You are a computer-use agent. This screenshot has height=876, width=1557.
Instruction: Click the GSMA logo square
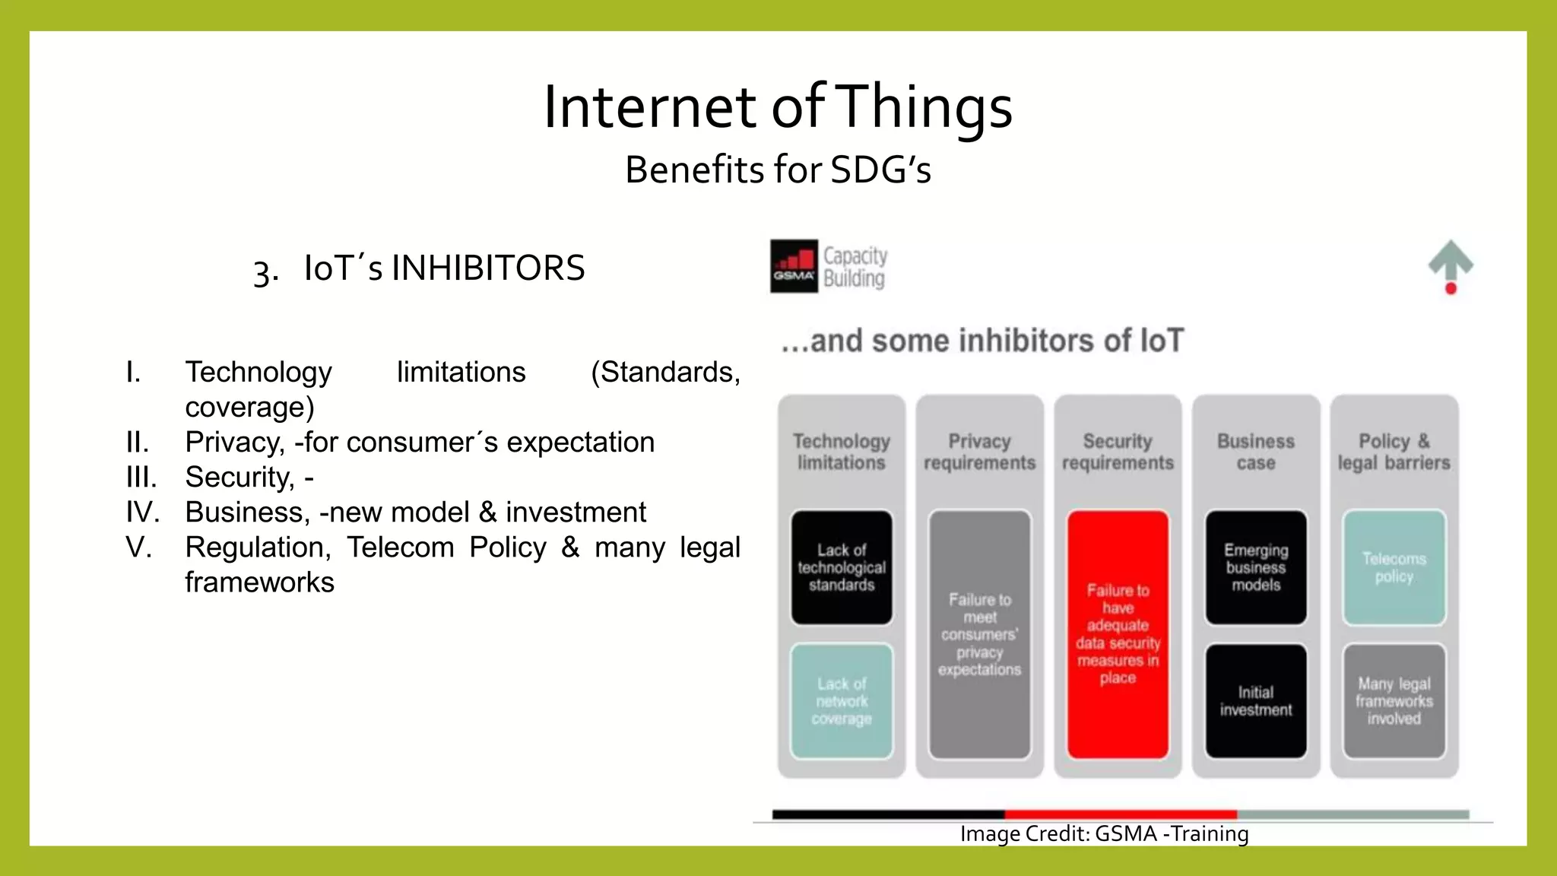click(794, 266)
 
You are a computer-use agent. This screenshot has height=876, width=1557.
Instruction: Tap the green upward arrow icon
click(1451, 260)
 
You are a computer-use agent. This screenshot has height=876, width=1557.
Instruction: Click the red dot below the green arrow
click(1451, 288)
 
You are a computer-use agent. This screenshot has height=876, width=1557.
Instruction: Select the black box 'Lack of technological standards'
click(842, 567)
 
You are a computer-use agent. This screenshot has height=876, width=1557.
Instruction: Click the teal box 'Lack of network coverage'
click(842, 701)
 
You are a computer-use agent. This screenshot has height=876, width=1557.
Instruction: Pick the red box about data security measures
click(1118, 634)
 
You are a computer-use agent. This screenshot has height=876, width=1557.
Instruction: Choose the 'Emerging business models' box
click(1256, 567)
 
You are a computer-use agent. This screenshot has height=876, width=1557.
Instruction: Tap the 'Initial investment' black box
click(1256, 701)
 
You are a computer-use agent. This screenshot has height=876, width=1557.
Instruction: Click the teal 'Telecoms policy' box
click(1394, 567)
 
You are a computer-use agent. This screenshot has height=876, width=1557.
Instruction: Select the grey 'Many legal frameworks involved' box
click(1394, 701)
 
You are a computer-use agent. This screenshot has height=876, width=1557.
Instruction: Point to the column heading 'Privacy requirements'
click(979, 452)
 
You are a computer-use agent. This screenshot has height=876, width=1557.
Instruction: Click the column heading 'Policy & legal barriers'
click(1394, 452)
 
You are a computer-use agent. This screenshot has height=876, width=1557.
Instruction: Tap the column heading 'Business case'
click(1256, 452)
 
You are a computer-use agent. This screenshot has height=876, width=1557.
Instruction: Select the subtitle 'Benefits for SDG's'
click(778, 169)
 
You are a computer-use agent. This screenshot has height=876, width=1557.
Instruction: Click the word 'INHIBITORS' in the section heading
click(488, 268)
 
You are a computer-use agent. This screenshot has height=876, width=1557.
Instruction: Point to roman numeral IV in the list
click(142, 512)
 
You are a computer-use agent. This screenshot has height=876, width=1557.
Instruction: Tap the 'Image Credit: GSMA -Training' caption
click(1104, 833)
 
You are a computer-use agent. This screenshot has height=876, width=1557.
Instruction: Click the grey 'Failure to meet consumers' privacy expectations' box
click(979, 634)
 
